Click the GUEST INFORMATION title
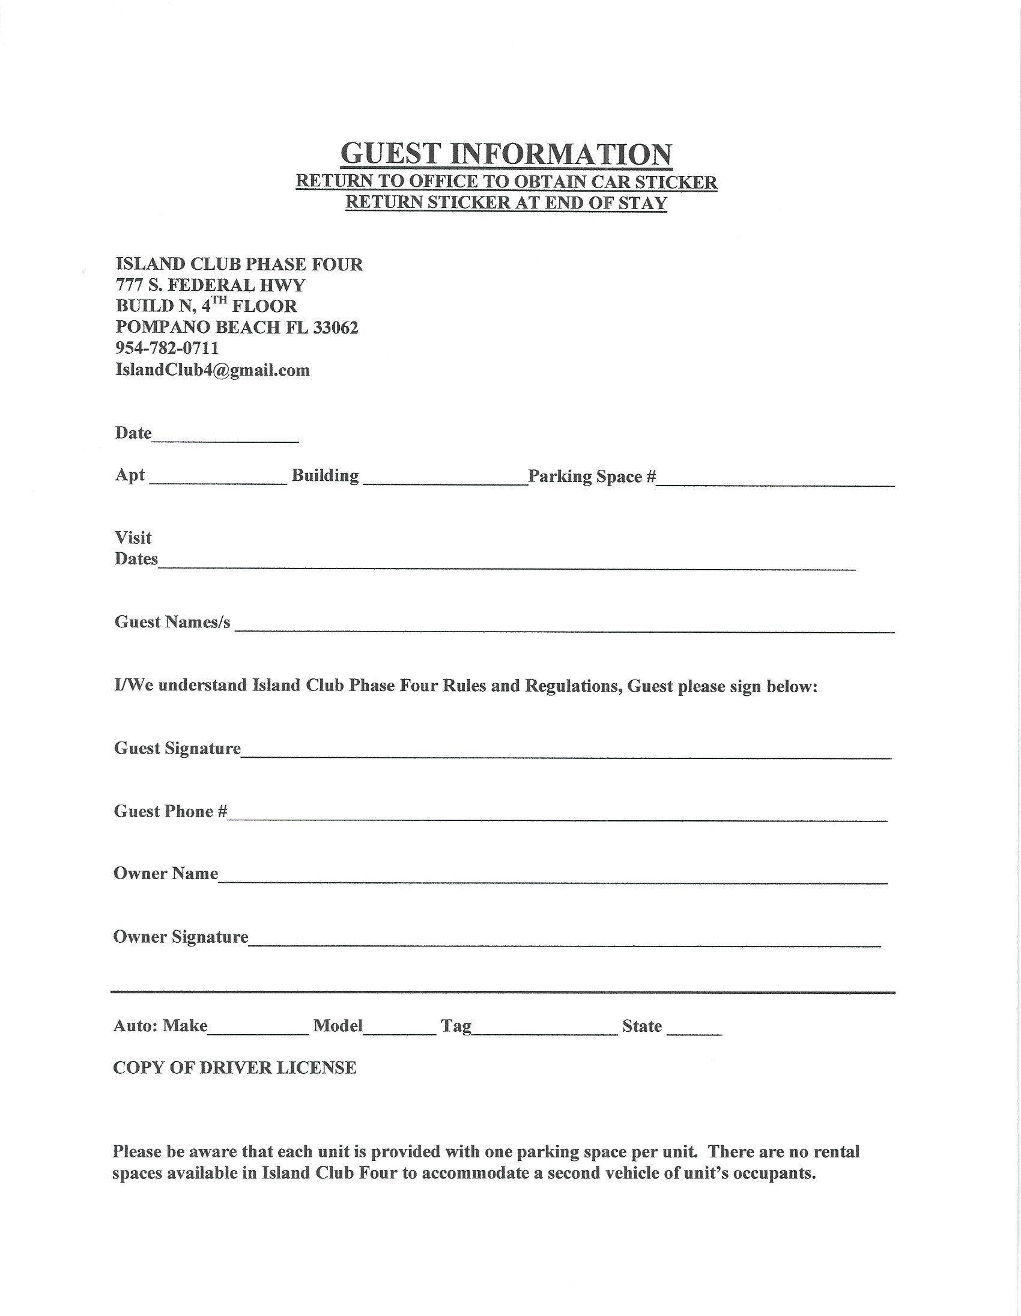506,154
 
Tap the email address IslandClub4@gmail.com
213,370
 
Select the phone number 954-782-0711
167,349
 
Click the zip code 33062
336,327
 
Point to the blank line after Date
225,439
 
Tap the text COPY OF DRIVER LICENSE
235,1068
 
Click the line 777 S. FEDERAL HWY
210,285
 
